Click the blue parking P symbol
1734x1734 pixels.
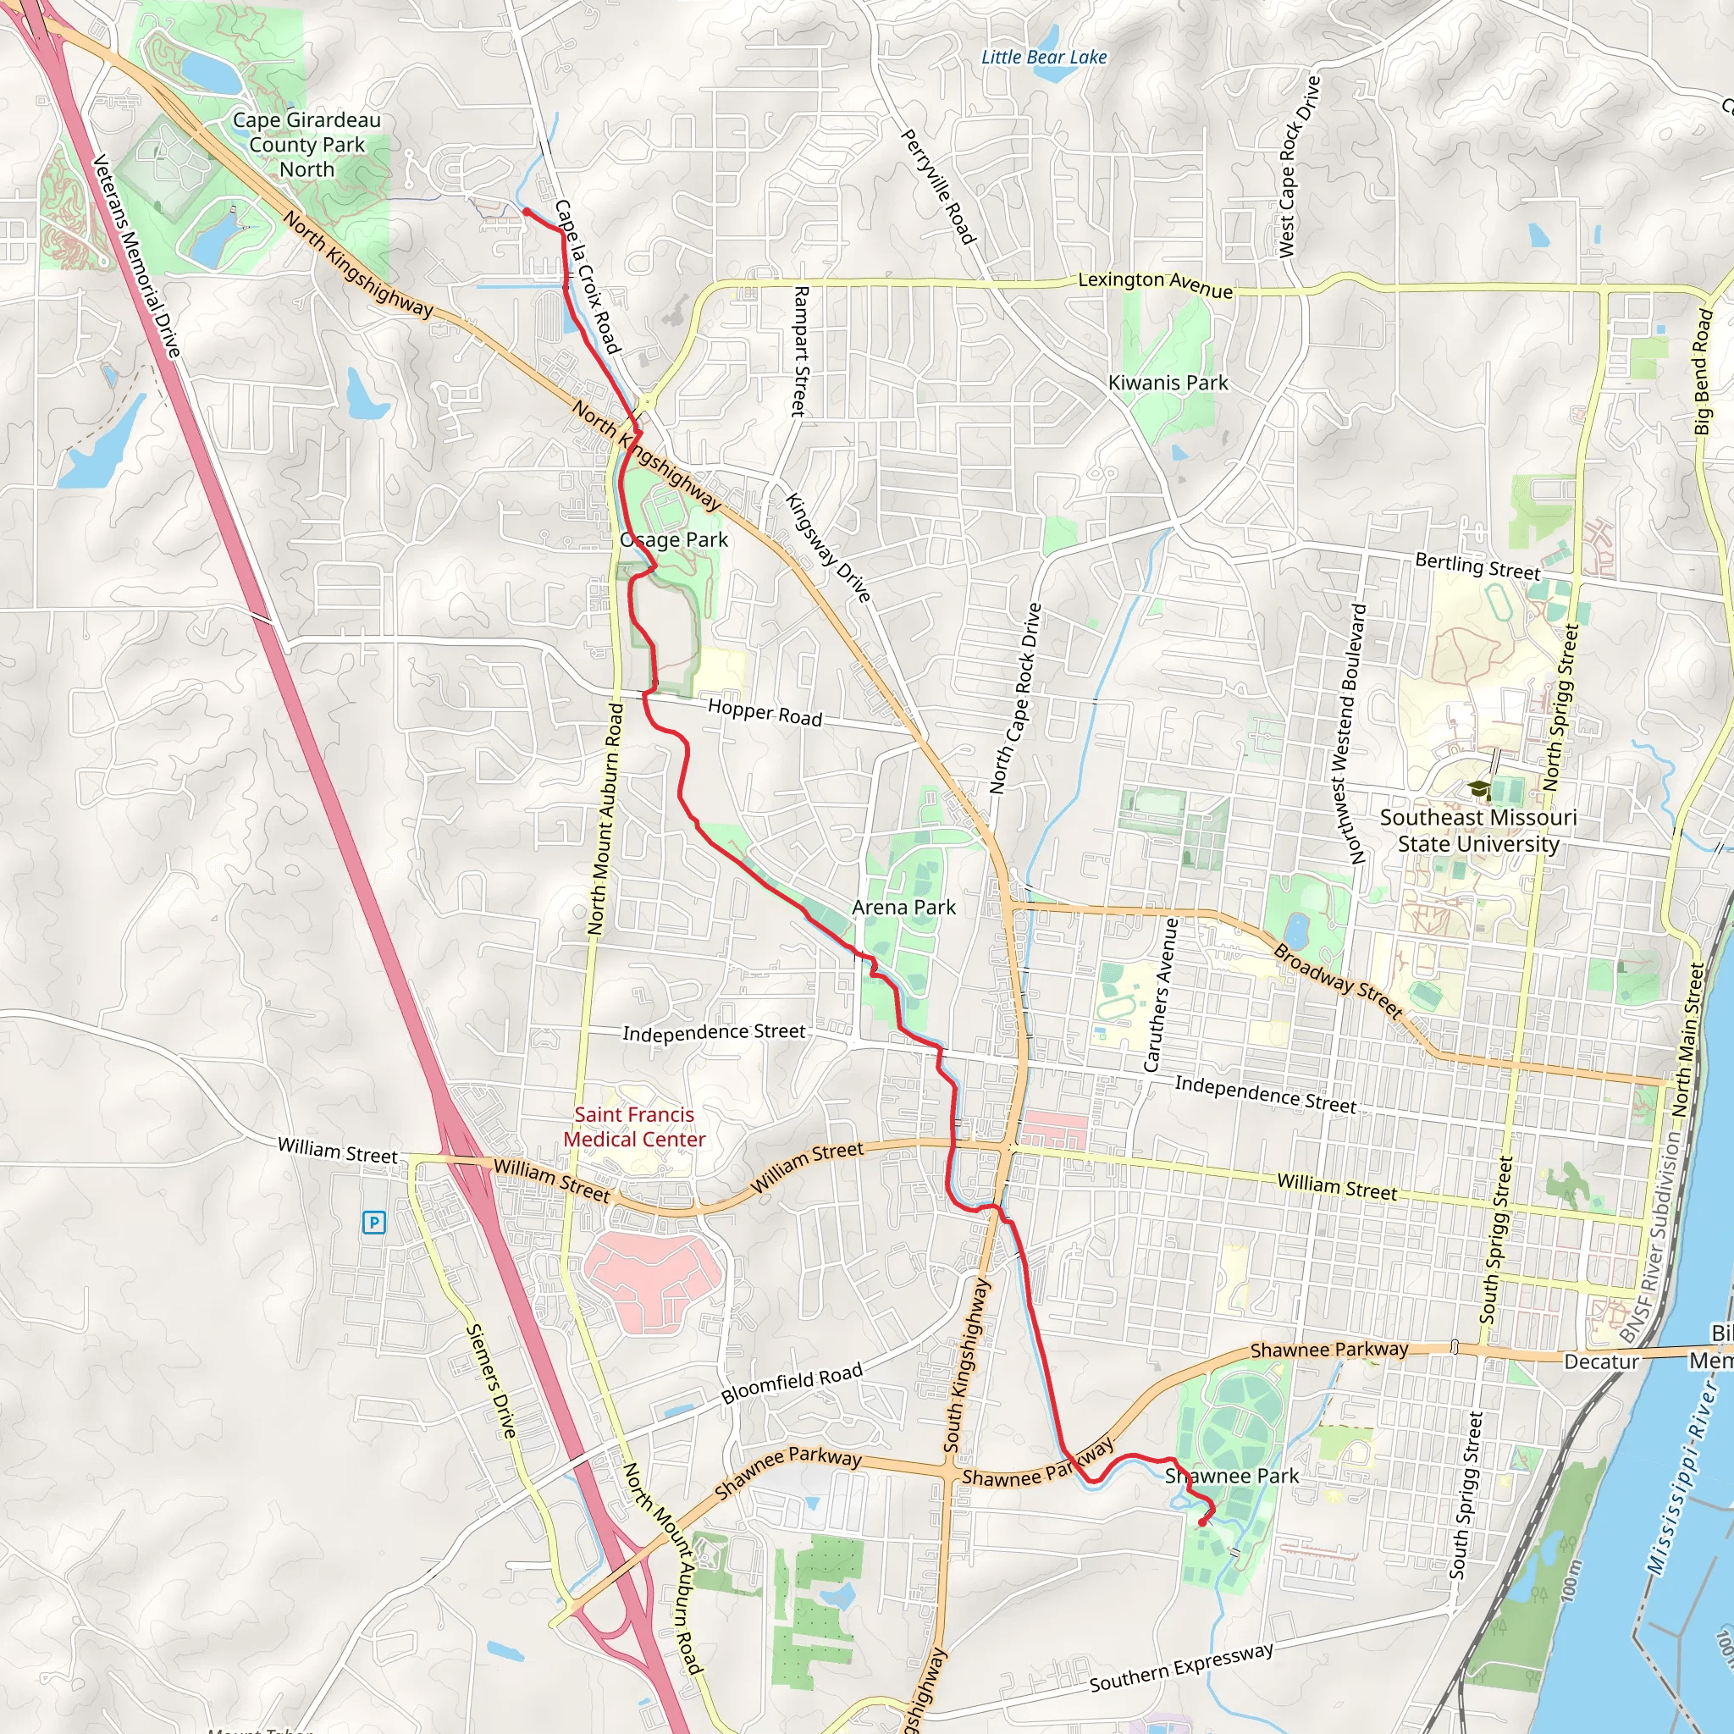pos(373,1223)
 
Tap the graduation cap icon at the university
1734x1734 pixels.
pos(1478,790)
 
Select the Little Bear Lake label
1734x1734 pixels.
pos(1044,58)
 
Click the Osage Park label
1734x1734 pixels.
pos(674,539)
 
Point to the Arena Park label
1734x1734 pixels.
pos(903,908)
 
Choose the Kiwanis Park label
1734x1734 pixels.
pos(1168,383)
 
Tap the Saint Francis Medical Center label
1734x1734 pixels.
pos(634,1127)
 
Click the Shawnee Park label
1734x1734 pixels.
pos(1231,1476)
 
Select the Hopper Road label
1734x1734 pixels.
pos(765,713)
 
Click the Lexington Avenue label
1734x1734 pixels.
pos(1155,284)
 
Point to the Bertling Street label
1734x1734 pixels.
pos(1477,566)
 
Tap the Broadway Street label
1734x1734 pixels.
pos(1337,981)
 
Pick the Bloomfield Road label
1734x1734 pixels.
pos(792,1383)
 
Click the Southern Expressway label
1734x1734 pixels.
pos(1181,1668)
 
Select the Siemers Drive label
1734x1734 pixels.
pos(492,1382)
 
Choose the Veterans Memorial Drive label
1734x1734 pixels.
pos(136,256)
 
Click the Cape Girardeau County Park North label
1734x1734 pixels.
pos(307,145)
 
